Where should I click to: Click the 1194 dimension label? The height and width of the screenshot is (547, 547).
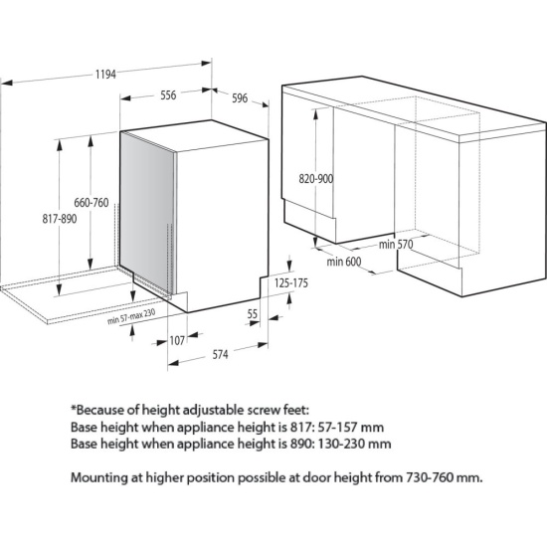pos(105,75)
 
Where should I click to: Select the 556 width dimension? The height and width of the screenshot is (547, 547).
pos(168,95)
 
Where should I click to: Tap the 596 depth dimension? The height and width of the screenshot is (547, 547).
pos(240,98)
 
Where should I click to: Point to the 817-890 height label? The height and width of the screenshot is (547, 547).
pos(60,219)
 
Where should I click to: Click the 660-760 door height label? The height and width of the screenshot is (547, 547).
pos(91,203)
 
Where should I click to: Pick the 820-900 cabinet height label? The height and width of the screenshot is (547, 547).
pos(316,179)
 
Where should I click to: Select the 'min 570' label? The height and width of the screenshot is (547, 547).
pos(396,245)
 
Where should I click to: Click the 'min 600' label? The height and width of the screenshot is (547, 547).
pos(344,262)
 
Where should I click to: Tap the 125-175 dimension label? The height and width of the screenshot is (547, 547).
pos(291,282)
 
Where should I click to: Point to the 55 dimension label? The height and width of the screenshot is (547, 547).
pos(253,314)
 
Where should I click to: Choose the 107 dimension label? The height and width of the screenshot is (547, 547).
pos(177,340)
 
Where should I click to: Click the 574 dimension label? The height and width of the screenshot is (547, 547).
pos(220,355)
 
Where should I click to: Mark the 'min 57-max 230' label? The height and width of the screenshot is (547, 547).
pos(131,316)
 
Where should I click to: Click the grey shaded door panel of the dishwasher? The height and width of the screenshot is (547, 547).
pos(147,212)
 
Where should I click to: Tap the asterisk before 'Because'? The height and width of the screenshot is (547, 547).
pos(74,407)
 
